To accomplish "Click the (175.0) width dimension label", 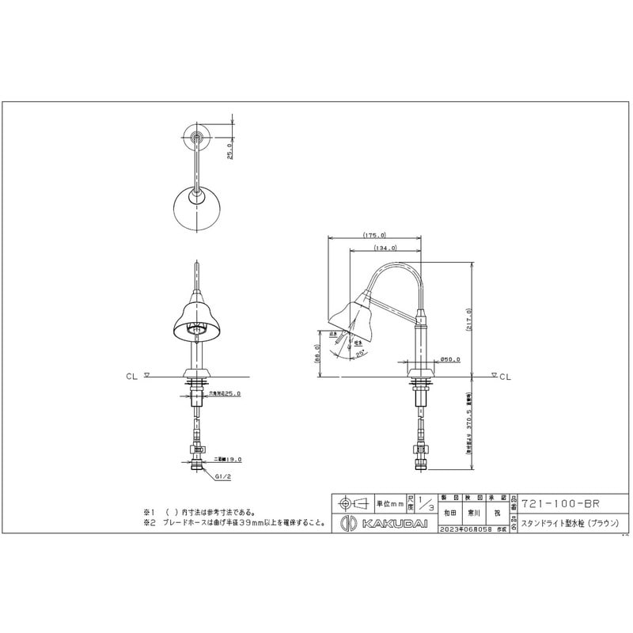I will (374, 235).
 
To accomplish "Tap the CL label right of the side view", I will (505, 377).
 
